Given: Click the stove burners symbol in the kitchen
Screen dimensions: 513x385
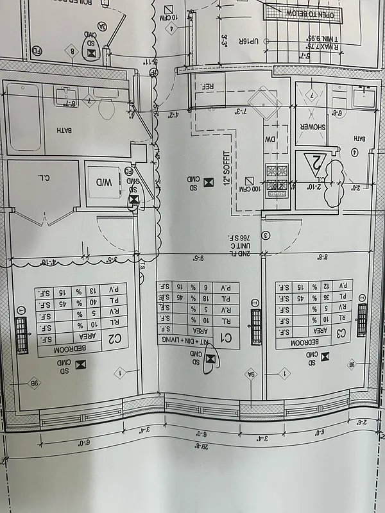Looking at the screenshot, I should coord(277,171).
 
